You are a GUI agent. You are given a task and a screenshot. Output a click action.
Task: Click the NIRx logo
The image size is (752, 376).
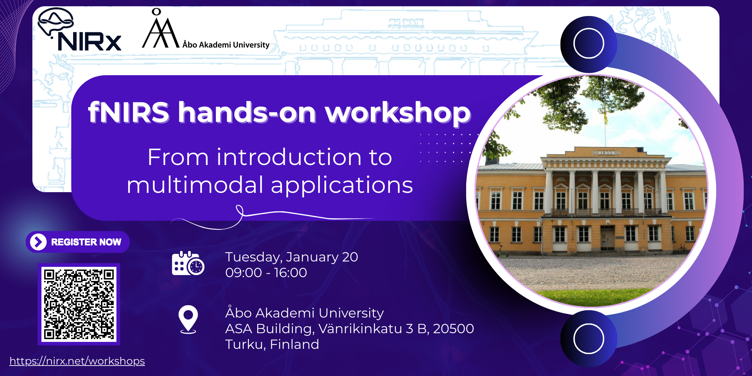coord(80,30)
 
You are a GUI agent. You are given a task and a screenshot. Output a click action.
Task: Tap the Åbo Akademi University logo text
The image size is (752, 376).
coord(226,45)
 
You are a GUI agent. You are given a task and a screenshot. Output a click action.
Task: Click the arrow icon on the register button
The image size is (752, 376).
coord(38,242)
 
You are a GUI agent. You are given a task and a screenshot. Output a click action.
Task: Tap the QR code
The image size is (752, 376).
coord(79,304)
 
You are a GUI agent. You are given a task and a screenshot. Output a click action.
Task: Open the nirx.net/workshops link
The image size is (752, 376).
coord(77,361)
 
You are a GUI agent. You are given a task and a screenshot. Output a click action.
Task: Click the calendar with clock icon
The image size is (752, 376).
coord(188,263)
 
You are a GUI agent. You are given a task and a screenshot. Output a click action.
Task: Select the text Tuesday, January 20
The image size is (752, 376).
coord(291,257)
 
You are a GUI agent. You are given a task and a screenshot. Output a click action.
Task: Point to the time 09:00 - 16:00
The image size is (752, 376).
coord(266,273)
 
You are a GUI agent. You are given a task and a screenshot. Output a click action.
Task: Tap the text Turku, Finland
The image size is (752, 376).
coord(272,344)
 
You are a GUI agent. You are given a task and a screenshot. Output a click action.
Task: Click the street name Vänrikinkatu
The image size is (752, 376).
coord(360,328)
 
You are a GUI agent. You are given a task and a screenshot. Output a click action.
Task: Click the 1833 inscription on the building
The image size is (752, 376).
coord(606,153)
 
